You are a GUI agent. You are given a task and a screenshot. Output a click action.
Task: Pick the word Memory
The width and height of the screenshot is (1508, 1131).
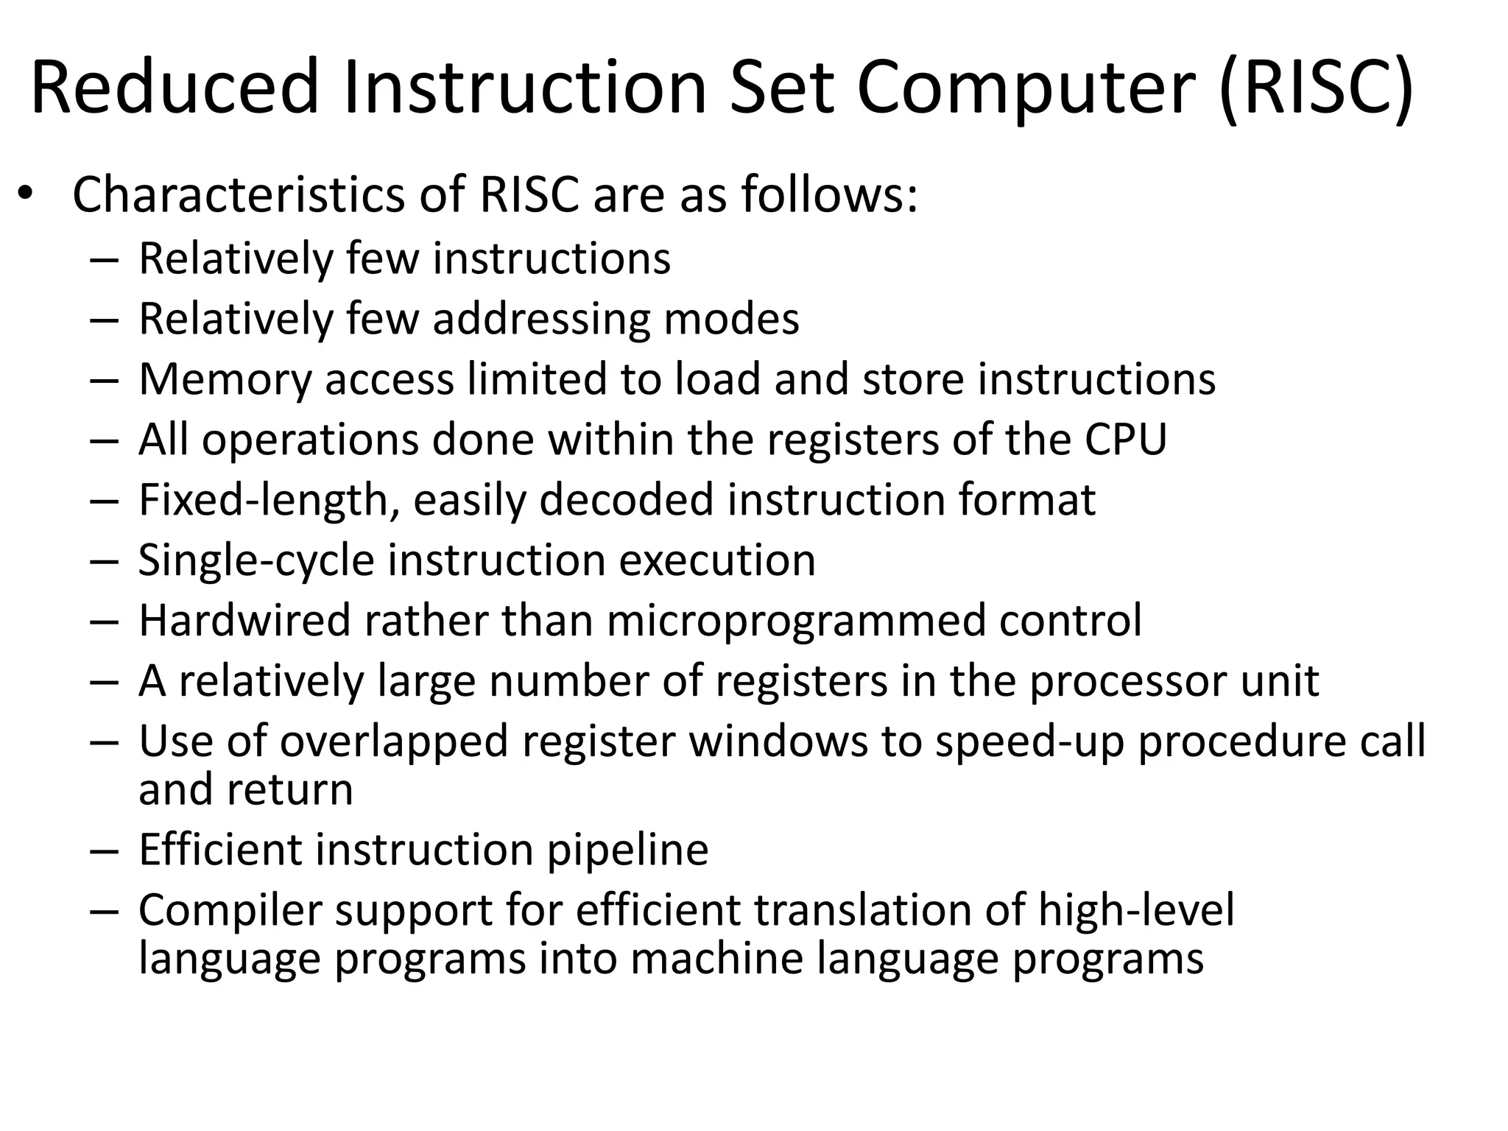[225, 379]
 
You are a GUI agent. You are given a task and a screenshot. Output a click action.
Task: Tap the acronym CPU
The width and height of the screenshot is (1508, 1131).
[1125, 440]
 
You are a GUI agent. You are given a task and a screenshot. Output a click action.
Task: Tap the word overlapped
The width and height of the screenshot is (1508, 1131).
[394, 741]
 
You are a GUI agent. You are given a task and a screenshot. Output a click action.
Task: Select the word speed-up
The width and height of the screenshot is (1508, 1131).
[1030, 741]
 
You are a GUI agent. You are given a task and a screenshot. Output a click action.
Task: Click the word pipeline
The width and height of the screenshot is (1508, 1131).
[627, 850]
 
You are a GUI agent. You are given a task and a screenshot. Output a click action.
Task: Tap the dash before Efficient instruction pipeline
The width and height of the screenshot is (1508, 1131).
[105, 851]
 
